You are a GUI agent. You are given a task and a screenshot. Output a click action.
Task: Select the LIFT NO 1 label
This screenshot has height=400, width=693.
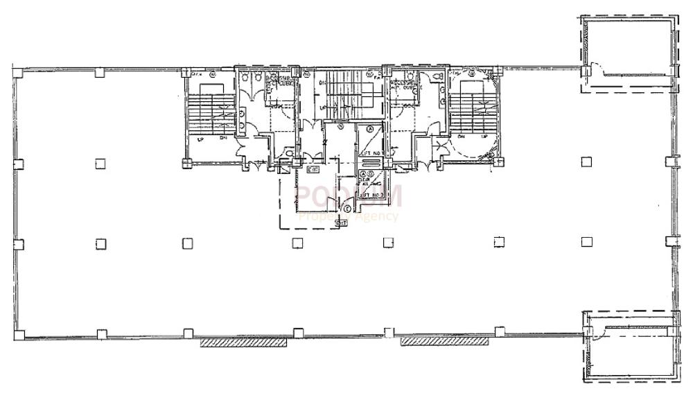[371, 153]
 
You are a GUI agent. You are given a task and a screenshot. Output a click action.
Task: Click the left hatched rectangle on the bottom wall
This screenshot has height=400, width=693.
[243, 342]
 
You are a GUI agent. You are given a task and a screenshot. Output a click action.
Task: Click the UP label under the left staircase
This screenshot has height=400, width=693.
[200, 139]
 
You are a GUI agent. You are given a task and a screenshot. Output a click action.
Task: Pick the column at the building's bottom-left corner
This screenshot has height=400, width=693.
[19, 335]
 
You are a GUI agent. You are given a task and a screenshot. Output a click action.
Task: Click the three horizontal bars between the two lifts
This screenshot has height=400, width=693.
[371, 163]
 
